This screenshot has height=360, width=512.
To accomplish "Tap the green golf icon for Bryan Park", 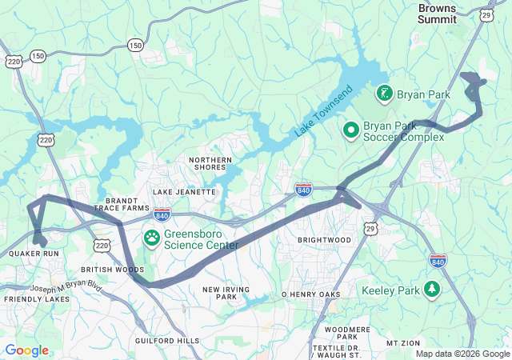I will (x=384, y=94).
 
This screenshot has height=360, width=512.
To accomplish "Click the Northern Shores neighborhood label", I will (x=210, y=165).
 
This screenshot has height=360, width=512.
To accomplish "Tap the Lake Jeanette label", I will (x=184, y=192).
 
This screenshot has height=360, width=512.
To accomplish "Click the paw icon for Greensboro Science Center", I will (x=151, y=238).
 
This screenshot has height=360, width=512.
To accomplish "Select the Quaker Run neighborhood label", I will (x=34, y=254).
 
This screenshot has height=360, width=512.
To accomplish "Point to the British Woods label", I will (x=113, y=270).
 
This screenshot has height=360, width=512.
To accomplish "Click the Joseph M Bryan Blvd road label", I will (x=68, y=287).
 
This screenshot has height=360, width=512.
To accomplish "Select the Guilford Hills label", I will (x=167, y=341).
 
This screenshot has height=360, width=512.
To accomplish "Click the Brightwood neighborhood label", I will (x=324, y=240).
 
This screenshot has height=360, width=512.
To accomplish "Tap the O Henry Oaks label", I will (x=311, y=294).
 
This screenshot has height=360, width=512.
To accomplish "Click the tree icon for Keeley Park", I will (x=433, y=289).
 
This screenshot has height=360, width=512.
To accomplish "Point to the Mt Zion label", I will (x=403, y=342).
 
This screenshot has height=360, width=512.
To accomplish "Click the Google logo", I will (x=26, y=350).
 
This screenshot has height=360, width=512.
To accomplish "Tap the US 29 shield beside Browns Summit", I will (x=486, y=15).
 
